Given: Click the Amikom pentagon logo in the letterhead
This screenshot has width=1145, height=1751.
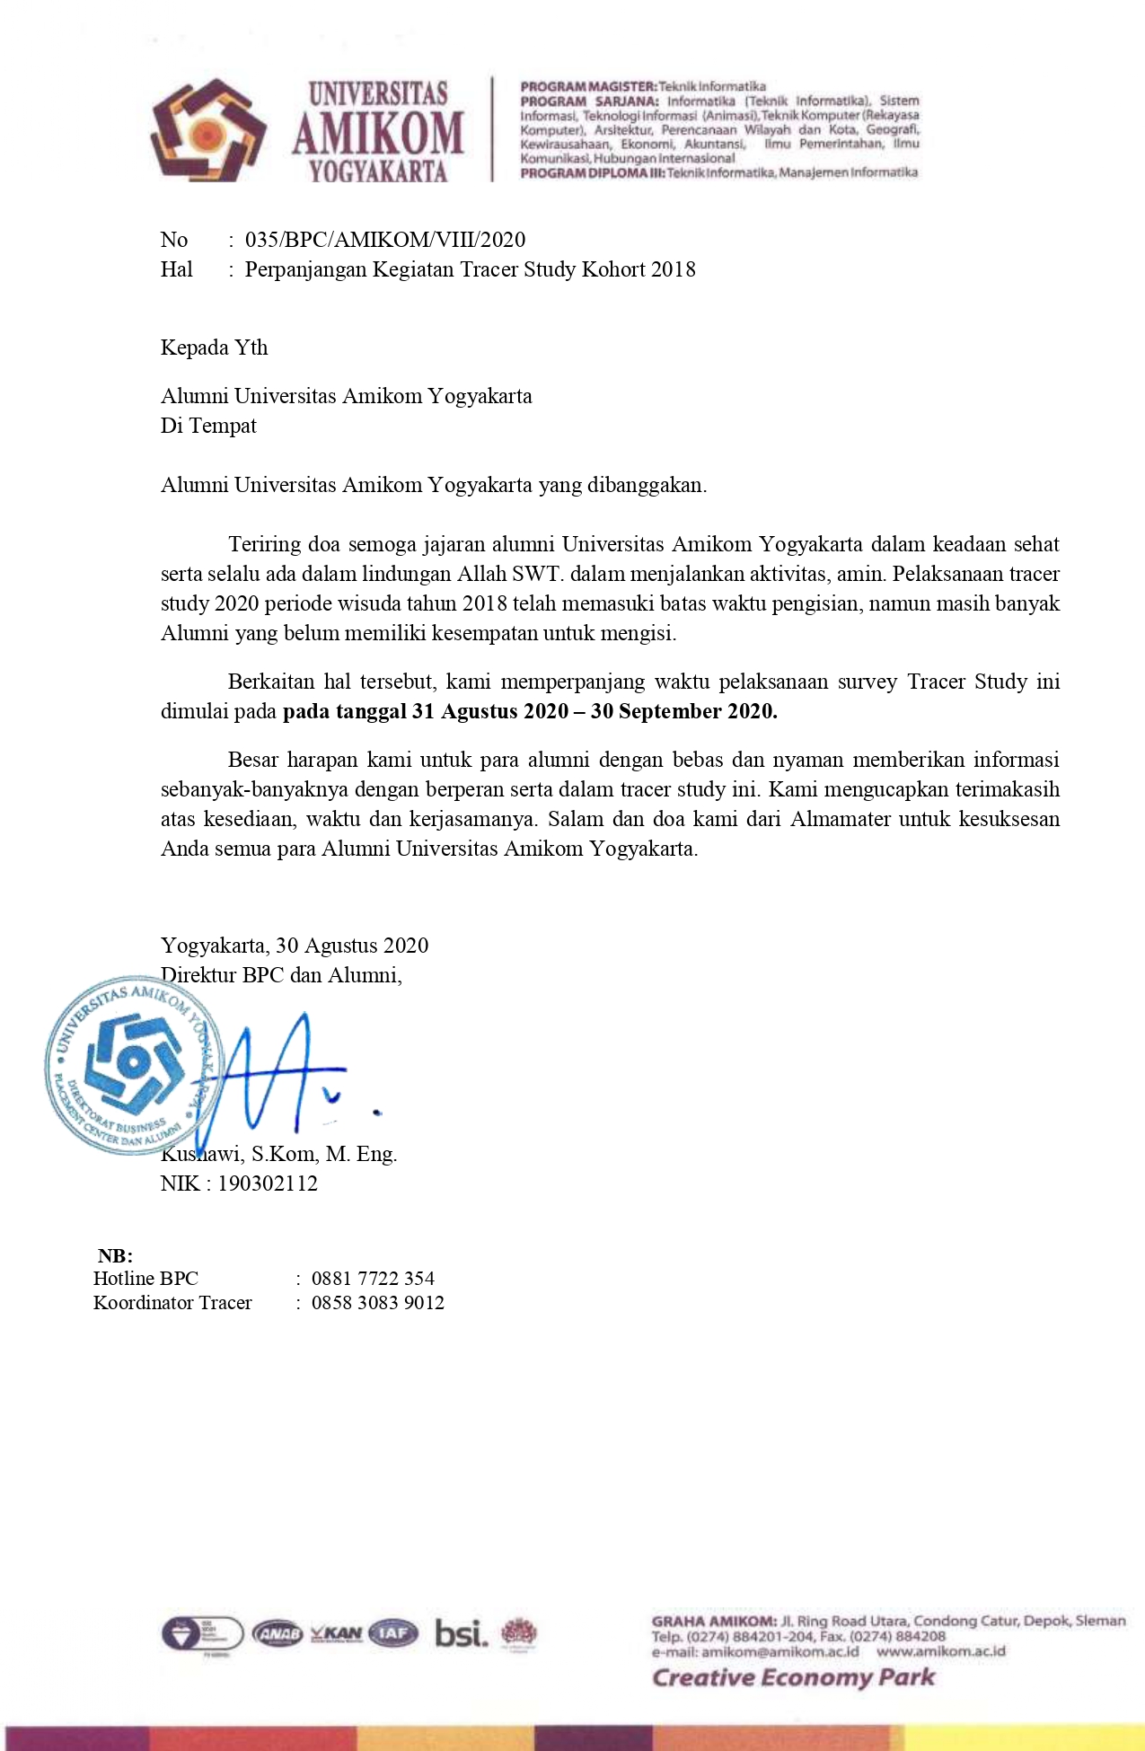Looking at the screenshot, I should [207, 130].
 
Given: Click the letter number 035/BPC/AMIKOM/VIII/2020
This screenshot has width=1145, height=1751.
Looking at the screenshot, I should [385, 240].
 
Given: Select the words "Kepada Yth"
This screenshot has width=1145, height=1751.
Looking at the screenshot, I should [214, 348].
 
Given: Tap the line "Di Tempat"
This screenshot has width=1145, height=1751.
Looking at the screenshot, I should [208, 426].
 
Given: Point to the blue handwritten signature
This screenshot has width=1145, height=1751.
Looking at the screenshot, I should [278, 1073].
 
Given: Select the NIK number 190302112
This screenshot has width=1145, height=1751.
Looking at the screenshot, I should [268, 1183].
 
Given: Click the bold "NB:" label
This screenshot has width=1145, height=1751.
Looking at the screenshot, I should [115, 1255].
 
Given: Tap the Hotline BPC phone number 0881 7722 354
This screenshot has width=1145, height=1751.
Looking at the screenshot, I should [373, 1279].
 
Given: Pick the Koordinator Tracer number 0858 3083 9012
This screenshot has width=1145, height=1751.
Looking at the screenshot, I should [378, 1303].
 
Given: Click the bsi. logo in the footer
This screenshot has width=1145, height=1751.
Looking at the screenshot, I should [462, 1632].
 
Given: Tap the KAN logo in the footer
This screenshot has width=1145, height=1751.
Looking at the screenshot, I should [337, 1633].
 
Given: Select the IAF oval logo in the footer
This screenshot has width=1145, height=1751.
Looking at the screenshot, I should [393, 1633].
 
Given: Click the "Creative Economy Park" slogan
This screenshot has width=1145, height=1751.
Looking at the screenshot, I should [793, 1677].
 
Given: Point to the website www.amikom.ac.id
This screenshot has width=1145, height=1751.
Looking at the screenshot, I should [941, 1651].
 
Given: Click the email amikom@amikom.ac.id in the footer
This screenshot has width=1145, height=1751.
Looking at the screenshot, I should [779, 1651].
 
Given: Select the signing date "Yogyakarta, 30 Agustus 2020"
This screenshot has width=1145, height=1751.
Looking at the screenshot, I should [295, 946].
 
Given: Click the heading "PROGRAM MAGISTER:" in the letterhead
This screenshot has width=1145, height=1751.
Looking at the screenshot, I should [588, 86].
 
